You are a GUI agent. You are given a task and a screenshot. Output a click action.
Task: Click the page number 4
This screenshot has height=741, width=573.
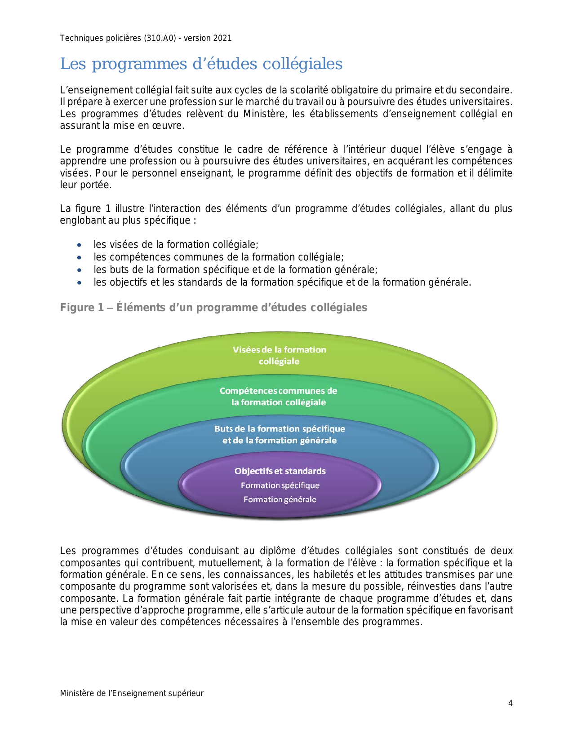click(x=510, y=703)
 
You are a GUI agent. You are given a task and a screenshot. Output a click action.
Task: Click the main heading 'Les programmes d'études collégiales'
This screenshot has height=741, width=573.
click(x=201, y=64)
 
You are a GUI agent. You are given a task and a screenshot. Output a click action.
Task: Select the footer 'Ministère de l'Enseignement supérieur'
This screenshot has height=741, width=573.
click(x=132, y=693)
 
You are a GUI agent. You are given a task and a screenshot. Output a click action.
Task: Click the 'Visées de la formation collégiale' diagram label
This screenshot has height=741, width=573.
click(x=279, y=355)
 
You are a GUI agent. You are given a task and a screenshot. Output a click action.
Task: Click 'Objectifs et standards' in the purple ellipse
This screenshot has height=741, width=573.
click(x=280, y=471)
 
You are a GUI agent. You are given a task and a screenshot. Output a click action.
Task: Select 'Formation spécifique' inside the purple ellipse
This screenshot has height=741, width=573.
click(x=280, y=485)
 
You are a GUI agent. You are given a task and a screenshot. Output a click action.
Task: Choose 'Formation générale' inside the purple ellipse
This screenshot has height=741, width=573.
click(x=280, y=499)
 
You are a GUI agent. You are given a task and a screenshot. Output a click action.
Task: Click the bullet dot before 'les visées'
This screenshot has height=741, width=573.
click(x=80, y=245)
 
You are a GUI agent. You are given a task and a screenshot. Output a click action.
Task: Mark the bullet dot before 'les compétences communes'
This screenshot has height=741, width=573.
click(x=80, y=257)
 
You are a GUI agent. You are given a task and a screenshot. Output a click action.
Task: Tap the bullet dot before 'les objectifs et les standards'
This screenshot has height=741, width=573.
click(x=80, y=283)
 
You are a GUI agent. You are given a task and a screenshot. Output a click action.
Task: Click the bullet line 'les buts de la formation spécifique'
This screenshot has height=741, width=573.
click(x=235, y=270)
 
